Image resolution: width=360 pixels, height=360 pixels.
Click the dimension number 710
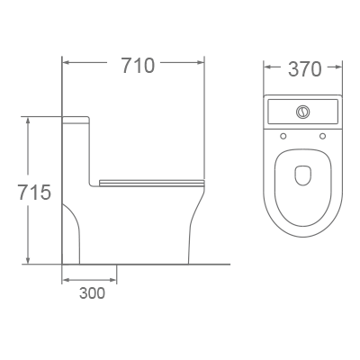point(132,65)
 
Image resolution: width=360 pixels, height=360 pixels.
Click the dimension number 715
point(29,192)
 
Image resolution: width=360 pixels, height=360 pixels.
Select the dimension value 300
point(91,292)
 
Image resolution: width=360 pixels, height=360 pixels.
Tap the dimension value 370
point(303,68)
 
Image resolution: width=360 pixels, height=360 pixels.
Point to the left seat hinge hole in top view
point(283,136)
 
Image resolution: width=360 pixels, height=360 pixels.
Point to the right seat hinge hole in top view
point(322,136)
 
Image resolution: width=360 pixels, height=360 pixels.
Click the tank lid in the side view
point(76,117)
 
